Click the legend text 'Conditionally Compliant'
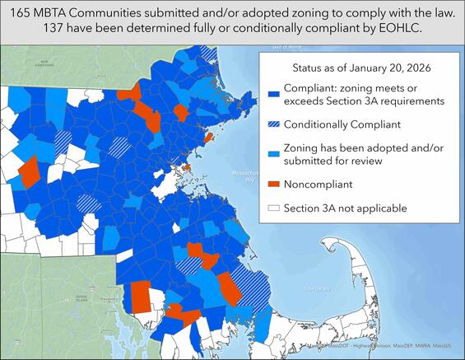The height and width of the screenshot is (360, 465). point(342,124)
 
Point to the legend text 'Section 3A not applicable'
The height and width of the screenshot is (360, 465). point(346,208)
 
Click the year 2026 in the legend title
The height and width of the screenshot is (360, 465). point(421,65)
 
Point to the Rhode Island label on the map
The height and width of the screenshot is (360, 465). point(80,297)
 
